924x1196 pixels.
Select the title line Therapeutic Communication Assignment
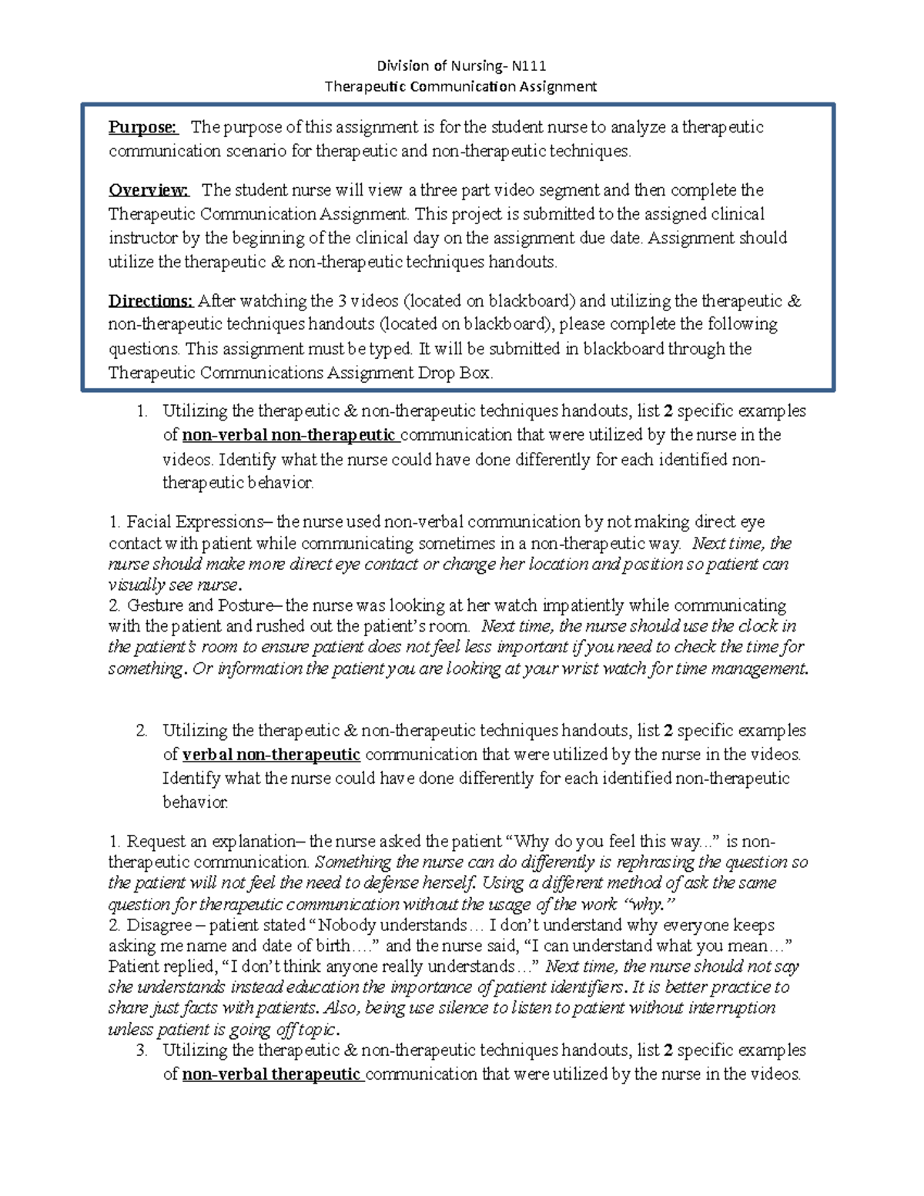point(460,85)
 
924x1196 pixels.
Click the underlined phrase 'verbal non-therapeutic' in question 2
point(271,754)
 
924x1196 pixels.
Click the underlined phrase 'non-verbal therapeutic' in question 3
point(271,1074)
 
